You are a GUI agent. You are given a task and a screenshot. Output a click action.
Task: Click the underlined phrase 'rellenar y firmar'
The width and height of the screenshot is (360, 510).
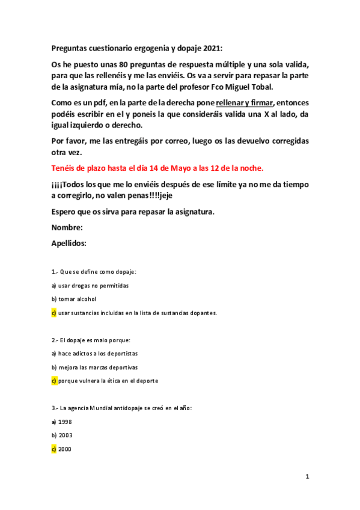(245, 103)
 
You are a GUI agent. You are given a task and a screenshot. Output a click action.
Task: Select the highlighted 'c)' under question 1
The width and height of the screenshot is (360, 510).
(53, 313)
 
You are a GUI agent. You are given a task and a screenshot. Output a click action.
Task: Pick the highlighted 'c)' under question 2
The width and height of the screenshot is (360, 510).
(53, 381)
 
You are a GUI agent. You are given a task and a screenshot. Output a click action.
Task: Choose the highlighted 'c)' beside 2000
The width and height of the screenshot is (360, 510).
(53, 449)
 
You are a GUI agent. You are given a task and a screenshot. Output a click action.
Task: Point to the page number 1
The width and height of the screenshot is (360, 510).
(307, 476)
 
